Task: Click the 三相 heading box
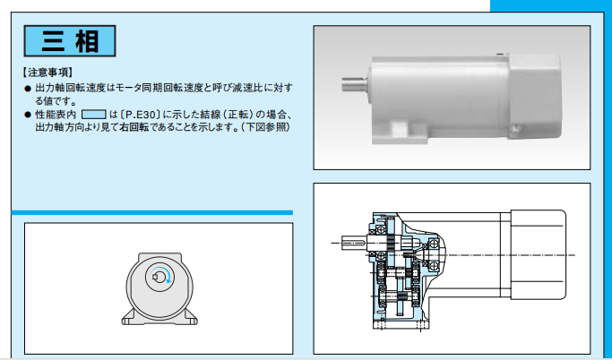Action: pos(70,41)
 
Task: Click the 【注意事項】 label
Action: pos(47,73)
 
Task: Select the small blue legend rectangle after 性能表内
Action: pos(94,115)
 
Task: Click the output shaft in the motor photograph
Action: pos(355,83)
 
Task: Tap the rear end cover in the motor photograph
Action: pos(535,97)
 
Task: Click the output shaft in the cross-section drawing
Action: pos(354,243)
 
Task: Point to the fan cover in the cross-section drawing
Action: pos(539,254)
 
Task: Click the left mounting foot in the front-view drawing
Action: pos(130,318)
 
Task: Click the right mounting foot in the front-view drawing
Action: pos(188,318)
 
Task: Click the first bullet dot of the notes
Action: pos(27,89)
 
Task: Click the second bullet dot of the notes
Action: pos(27,115)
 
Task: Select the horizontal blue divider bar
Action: pos(152,212)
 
